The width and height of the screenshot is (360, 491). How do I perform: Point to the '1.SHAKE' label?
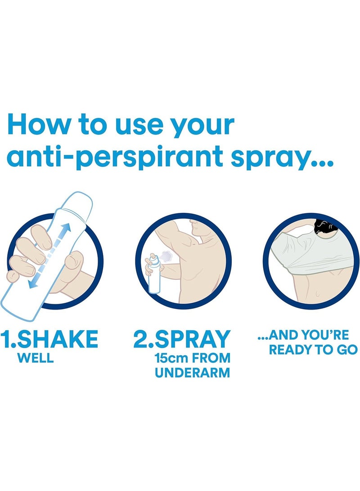pos(49,339)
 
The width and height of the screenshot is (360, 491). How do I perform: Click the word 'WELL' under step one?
pos(36,358)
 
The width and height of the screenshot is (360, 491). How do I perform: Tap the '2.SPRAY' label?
pos(182,339)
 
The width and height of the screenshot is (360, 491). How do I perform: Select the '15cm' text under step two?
pos(171,358)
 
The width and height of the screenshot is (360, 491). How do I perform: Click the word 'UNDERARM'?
pos(193,373)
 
